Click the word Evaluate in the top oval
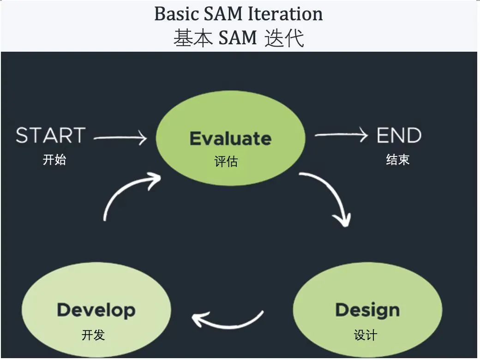click(x=230, y=138)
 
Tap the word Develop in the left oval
click(x=96, y=310)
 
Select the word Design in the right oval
click(x=367, y=310)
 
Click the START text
click(x=51, y=136)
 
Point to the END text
click(x=399, y=136)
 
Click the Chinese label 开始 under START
click(x=54, y=160)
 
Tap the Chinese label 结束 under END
click(x=398, y=160)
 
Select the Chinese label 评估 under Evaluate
click(x=226, y=162)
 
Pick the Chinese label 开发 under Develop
click(x=93, y=335)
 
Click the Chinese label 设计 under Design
click(x=366, y=335)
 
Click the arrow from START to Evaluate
click(x=120, y=138)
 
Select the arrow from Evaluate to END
click(x=341, y=135)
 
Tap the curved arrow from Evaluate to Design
click(x=330, y=196)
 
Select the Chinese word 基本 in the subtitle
click(x=193, y=38)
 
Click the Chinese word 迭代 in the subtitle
click(x=285, y=38)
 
